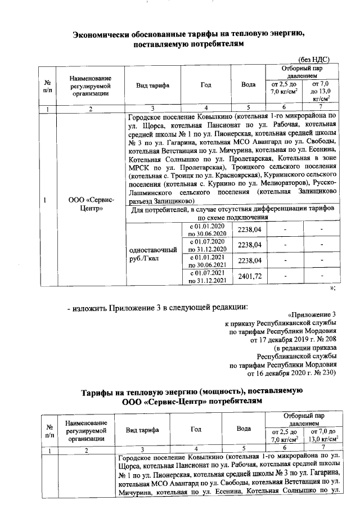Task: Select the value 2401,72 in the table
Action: [x=249, y=276]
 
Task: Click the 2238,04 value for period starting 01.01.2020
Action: [x=249, y=229]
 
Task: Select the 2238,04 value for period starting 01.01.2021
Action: [x=249, y=261]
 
